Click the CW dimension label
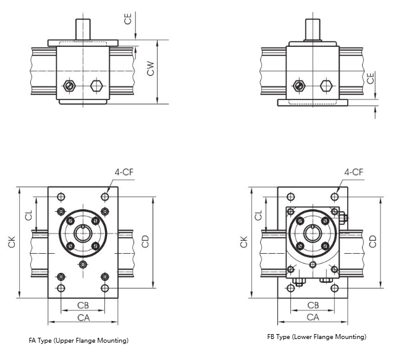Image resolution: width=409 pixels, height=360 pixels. click(x=150, y=72)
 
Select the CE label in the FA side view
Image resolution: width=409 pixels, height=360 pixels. click(x=128, y=19)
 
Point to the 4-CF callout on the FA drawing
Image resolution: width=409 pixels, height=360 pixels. click(x=124, y=172)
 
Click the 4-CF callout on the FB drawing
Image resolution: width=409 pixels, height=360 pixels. click(x=353, y=172)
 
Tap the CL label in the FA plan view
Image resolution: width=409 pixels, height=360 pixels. click(x=28, y=216)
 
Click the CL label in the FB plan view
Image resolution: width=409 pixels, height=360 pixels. click(x=259, y=216)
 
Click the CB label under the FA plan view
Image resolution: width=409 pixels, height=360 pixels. click(x=82, y=306)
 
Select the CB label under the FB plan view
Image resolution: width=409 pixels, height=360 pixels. click(x=313, y=306)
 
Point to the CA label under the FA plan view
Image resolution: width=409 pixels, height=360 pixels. click(x=82, y=317)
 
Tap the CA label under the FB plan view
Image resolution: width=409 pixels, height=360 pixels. click(x=313, y=317)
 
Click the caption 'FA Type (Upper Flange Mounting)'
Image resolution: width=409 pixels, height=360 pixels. click(x=78, y=340)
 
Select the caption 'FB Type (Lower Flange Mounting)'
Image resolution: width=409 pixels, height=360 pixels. click(x=316, y=337)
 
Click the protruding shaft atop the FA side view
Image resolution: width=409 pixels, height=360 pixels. click(x=83, y=28)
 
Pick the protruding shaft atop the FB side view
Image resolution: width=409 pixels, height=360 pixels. click(x=313, y=28)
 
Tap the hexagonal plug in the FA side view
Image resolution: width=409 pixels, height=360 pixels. click(x=96, y=85)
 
